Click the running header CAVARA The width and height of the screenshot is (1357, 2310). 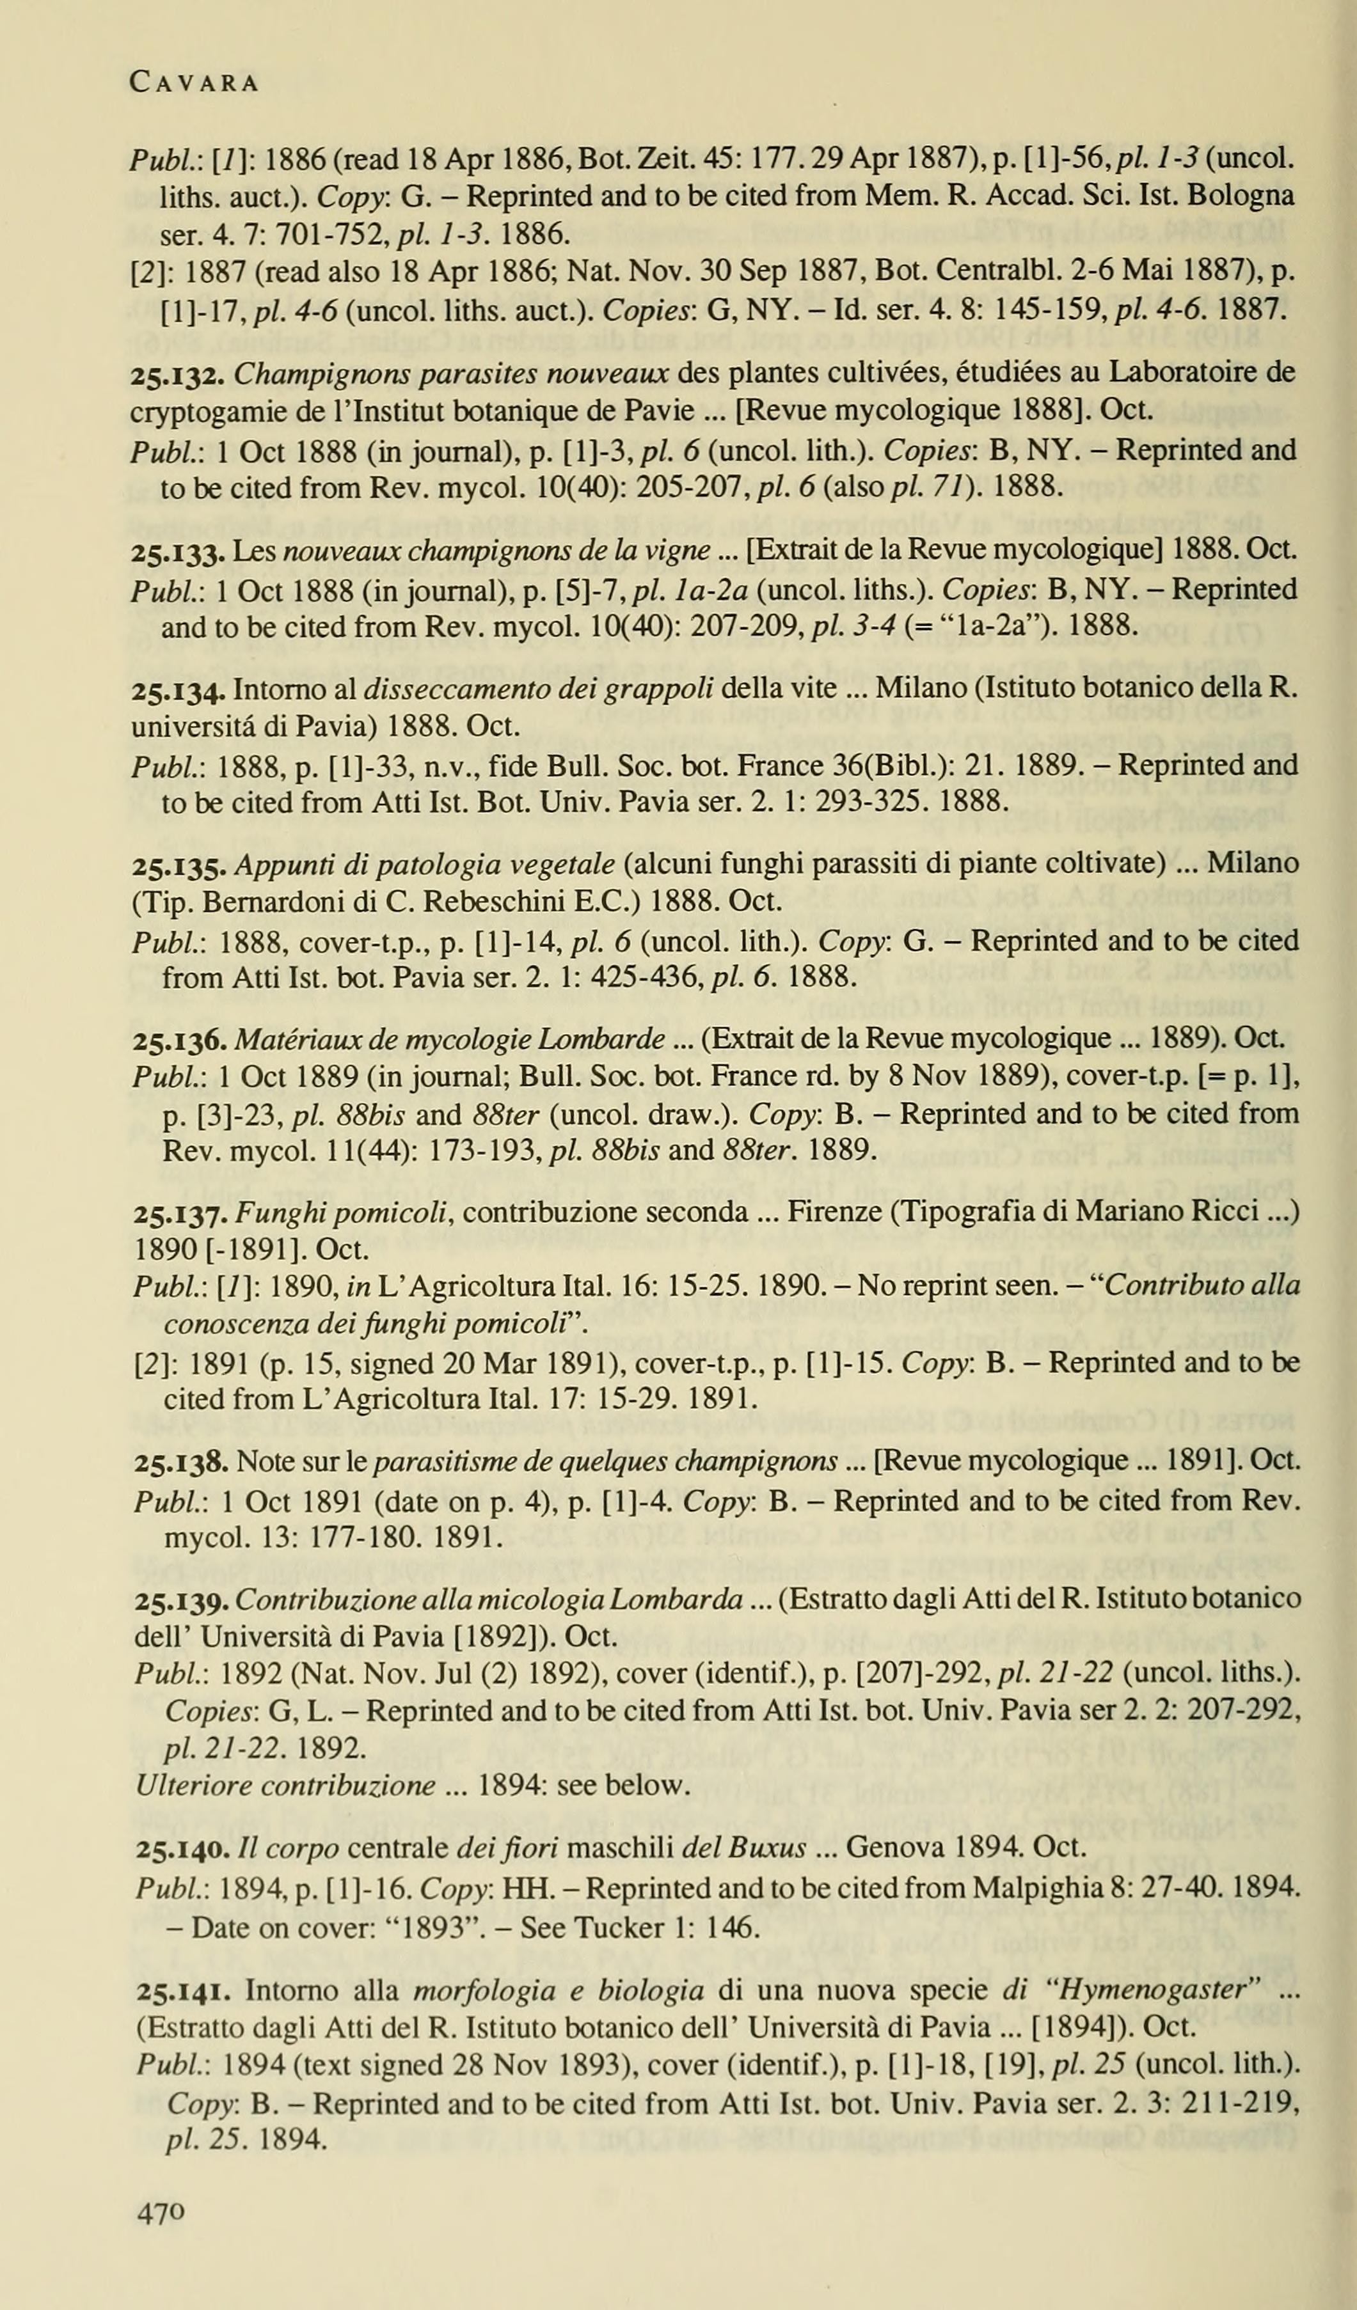(x=194, y=82)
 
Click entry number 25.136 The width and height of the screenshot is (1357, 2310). (x=180, y=1039)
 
